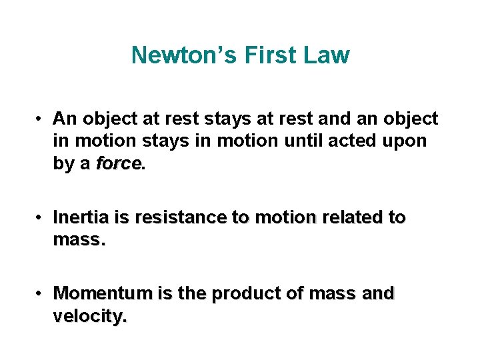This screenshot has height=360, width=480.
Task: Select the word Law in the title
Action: coord(327,55)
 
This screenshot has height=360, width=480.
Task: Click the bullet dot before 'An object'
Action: coord(41,119)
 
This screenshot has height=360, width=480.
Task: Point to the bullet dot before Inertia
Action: coord(41,218)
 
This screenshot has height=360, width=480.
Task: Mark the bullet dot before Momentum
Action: coord(41,293)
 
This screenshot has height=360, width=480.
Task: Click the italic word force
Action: coord(118,163)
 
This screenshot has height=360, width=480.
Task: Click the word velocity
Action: coord(88,316)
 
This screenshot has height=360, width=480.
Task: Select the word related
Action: coord(354,218)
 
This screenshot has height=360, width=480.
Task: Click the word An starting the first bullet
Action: coord(65,119)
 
